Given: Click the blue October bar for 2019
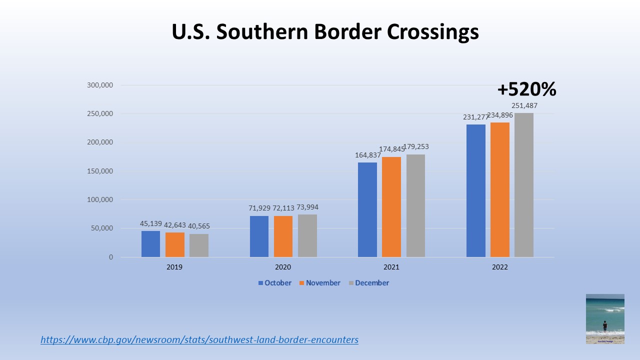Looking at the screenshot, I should [x=150, y=244].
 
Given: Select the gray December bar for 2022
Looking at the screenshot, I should [x=523, y=185].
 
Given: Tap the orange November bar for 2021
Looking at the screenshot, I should [x=391, y=207].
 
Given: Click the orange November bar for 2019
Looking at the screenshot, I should [x=174, y=244].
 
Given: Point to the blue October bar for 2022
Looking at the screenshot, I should [x=475, y=190].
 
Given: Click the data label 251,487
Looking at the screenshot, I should [x=524, y=105].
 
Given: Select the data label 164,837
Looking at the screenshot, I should [x=367, y=154].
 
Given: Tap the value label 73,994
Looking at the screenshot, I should [x=307, y=207].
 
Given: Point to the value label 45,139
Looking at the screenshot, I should [x=150, y=223].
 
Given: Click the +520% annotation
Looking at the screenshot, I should [x=526, y=89].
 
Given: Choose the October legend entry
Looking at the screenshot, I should [x=274, y=283].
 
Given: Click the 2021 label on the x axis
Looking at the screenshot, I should [x=391, y=267].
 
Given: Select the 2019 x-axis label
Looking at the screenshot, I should [x=174, y=267].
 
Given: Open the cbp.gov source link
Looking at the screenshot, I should [x=199, y=340].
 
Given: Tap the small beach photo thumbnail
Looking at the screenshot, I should [x=605, y=318].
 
